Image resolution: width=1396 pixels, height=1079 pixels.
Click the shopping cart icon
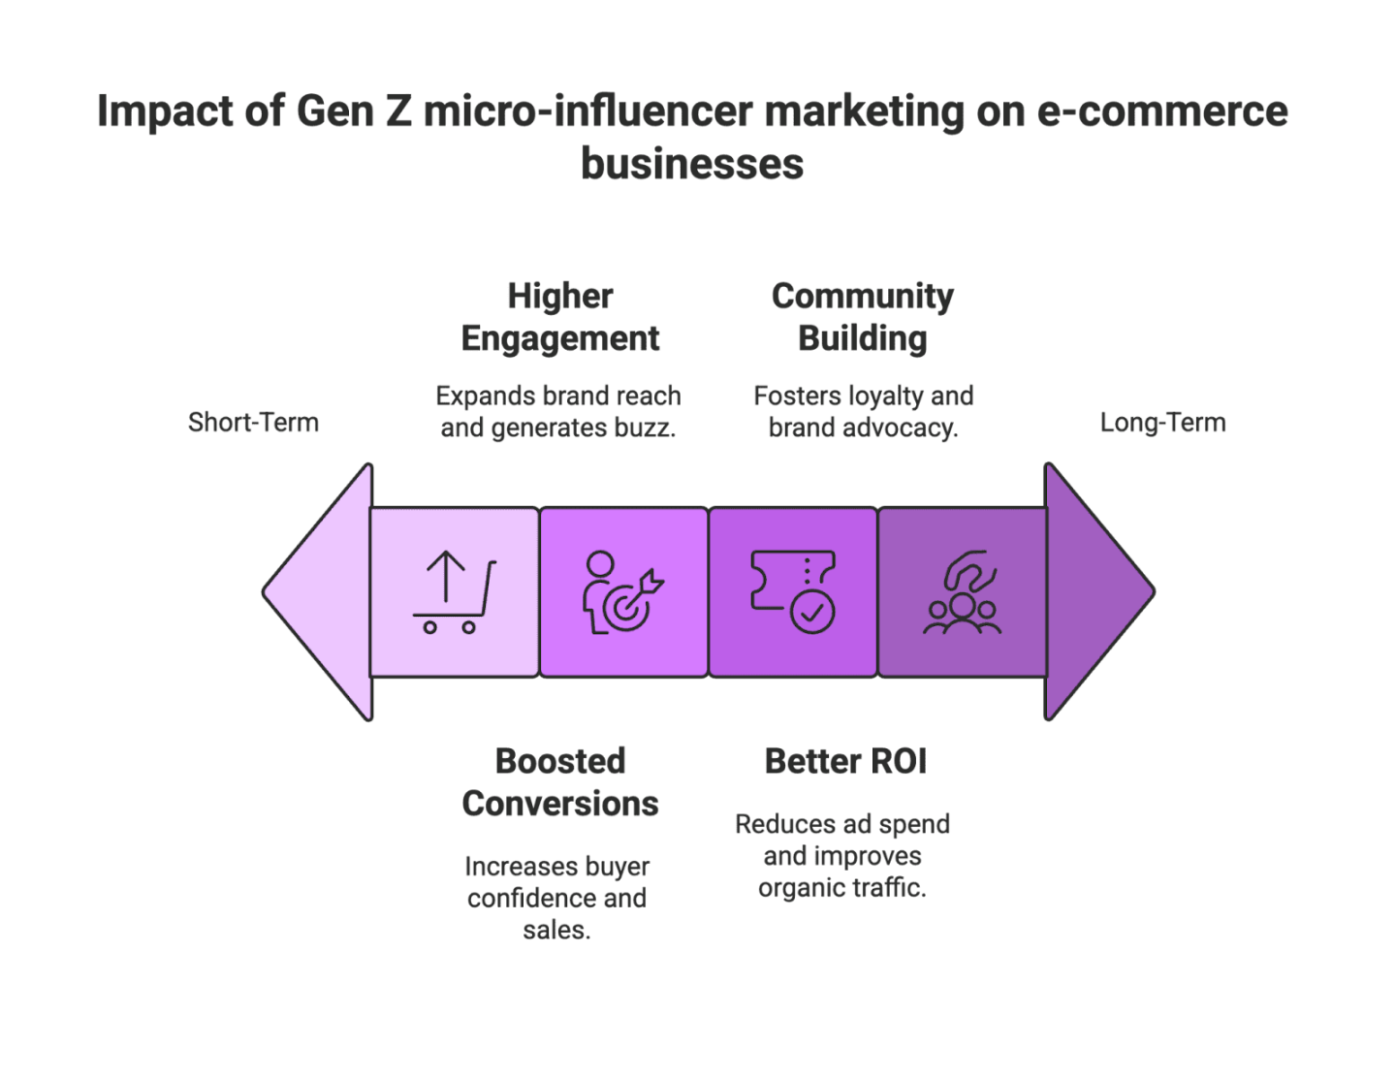(454, 592)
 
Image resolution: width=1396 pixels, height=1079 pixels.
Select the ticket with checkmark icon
(792, 591)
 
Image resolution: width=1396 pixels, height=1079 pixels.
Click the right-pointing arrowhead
(1098, 591)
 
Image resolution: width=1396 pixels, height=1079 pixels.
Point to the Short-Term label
(253, 423)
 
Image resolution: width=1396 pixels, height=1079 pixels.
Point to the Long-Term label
(1162, 423)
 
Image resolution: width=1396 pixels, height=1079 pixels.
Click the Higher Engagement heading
(560, 317)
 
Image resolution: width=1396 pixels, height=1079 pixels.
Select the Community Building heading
(862, 317)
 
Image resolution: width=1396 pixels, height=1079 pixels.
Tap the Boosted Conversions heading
(560, 782)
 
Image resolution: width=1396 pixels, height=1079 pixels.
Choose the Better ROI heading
(844, 762)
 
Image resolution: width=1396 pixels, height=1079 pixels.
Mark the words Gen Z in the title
(354, 112)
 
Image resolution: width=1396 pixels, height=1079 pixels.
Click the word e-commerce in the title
(1163, 112)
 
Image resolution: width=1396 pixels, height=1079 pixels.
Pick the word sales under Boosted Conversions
(556, 931)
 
